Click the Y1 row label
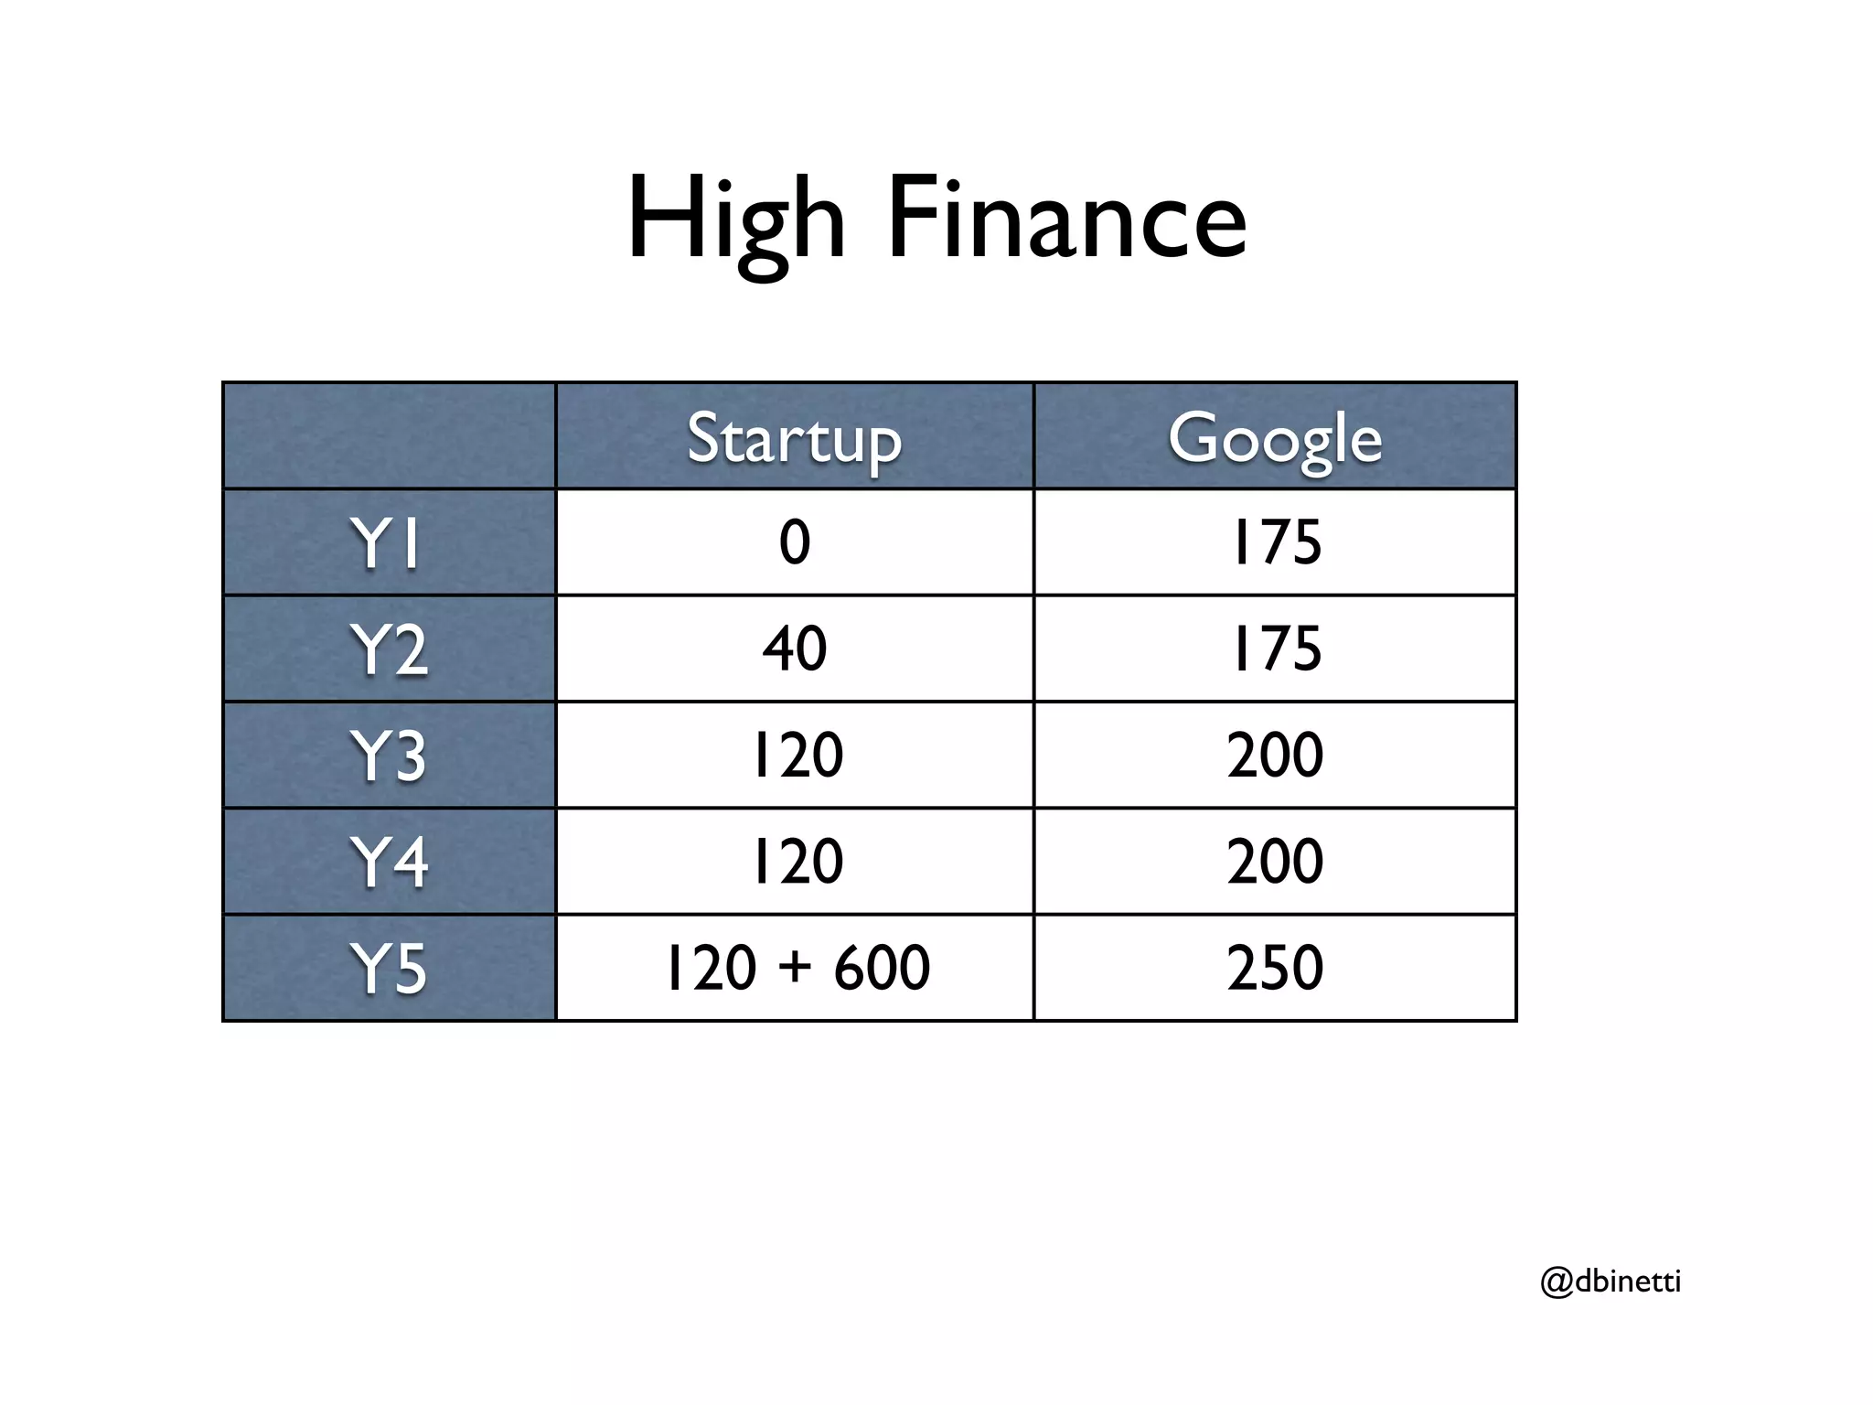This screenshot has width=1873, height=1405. pyautogui.click(x=388, y=543)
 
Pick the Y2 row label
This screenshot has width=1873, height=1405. pyautogui.click(x=388, y=649)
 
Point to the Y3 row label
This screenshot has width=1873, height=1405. pyautogui.click(x=388, y=756)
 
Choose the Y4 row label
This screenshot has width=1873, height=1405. pyautogui.click(x=388, y=862)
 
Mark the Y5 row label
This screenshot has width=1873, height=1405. pyautogui.click(x=388, y=968)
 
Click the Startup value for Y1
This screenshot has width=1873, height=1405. pyautogui.click(x=794, y=542)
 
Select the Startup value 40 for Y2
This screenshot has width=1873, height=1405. pyautogui.click(x=794, y=649)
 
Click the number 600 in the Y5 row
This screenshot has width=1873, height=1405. pyautogui.click(x=882, y=968)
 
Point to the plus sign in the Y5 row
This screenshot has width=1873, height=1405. pyautogui.click(x=795, y=968)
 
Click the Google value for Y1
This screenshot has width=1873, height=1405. pyautogui.click(x=1276, y=542)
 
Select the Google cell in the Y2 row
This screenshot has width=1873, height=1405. pyautogui.click(x=1276, y=649)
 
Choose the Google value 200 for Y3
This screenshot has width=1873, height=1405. pyautogui.click(x=1275, y=755)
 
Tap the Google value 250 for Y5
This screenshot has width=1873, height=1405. pyautogui.click(x=1275, y=968)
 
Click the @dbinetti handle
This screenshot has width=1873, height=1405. pyautogui.click(x=1611, y=1282)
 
